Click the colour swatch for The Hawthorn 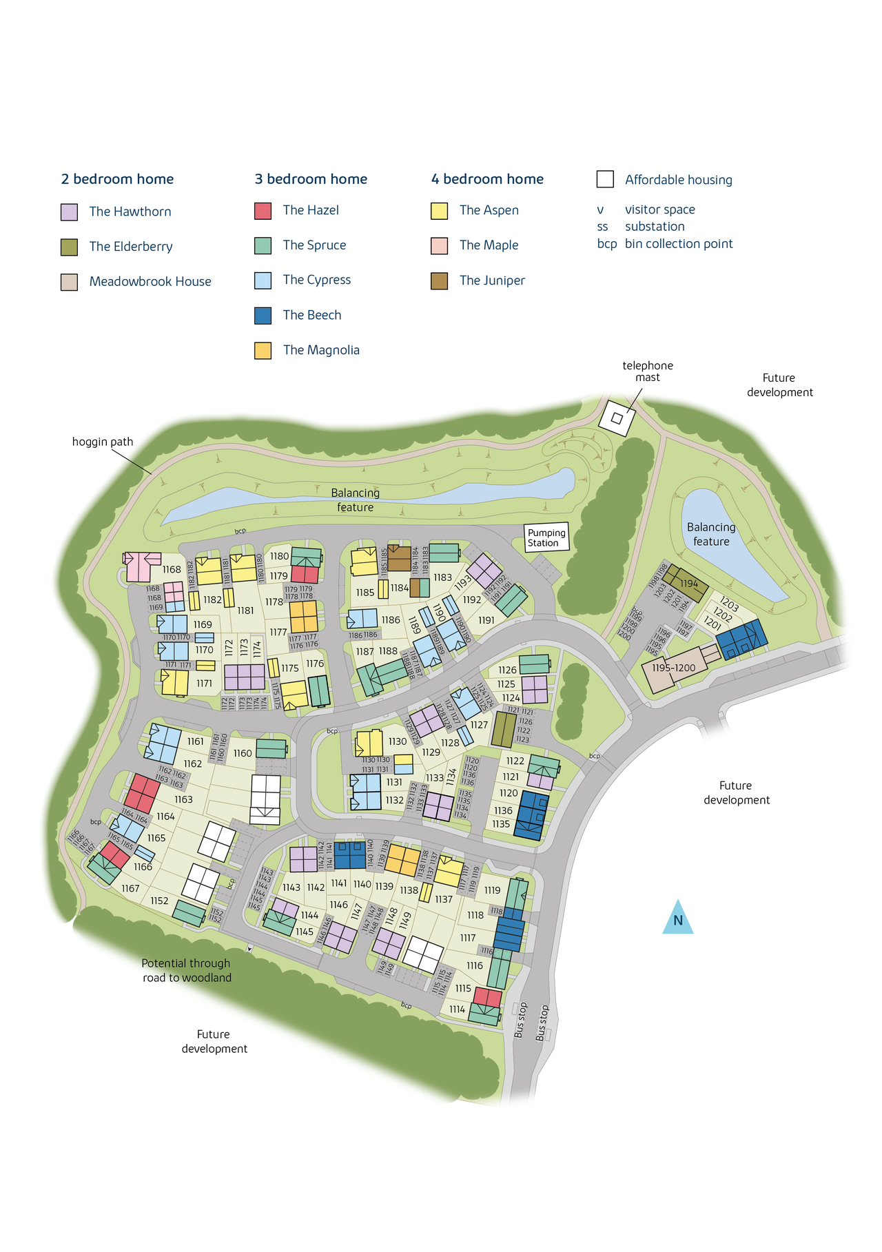[69, 212]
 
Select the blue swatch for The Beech [263, 316]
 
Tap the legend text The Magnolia [321, 350]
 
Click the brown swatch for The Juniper [439, 280]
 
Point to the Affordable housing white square [605, 179]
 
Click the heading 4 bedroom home [487, 179]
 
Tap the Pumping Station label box [546, 537]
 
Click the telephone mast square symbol [617, 418]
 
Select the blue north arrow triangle [677, 919]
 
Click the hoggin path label [103, 442]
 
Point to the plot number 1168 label [172, 569]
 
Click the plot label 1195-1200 [673, 668]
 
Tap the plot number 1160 [243, 753]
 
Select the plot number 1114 [457, 1009]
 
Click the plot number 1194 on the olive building [689, 584]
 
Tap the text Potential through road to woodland [186, 970]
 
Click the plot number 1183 [443, 577]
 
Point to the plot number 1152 [159, 901]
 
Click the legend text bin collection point [679, 244]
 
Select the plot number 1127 [479, 725]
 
